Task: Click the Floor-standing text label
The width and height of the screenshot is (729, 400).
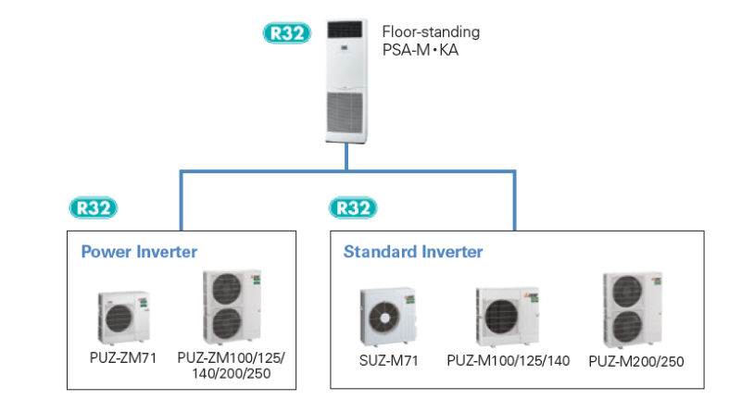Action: tap(431, 32)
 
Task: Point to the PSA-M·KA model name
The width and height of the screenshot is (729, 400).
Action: tap(421, 50)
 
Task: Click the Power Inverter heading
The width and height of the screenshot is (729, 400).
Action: tap(139, 252)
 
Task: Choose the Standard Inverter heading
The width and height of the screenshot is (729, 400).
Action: tap(413, 252)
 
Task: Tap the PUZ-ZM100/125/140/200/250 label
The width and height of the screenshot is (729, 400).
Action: tap(231, 364)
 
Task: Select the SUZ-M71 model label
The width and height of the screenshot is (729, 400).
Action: tap(389, 359)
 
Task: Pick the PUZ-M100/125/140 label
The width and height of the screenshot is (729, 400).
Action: tap(507, 359)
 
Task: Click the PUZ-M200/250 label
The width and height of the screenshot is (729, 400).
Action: tap(635, 360)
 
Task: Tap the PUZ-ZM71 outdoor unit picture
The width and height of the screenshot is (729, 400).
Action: tap(123, 318)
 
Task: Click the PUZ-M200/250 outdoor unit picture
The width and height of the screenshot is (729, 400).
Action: tap(629, 308)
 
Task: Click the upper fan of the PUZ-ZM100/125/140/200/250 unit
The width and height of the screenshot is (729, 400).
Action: tap(227, 291)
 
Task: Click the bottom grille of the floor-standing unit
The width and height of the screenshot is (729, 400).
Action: tap(346, 112)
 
